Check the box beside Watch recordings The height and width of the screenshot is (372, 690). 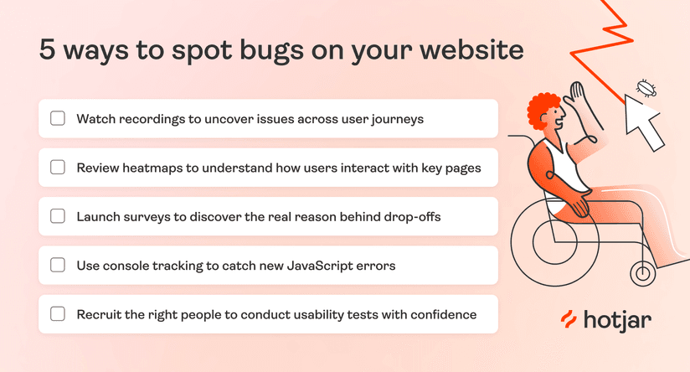[58, 118]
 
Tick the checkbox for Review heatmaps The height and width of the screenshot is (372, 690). [58, 167]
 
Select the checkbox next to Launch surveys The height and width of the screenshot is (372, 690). [58, 216]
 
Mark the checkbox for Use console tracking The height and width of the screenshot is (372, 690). [58, 265]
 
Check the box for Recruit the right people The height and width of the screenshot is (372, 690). [58, 314]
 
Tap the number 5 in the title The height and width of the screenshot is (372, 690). [48, 49]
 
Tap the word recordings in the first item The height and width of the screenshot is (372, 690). [147, 119]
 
